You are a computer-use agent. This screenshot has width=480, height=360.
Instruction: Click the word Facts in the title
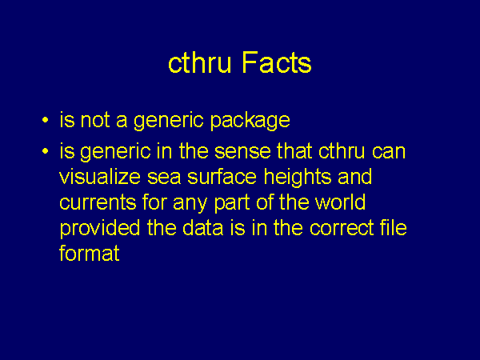point(277,62)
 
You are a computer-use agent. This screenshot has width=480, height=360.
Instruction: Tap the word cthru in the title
point(199,62)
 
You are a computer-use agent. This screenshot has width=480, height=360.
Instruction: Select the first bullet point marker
point(46,120)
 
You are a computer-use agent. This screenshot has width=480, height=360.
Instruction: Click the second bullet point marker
point(46,151)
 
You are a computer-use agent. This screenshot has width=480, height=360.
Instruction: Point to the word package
point(250,121)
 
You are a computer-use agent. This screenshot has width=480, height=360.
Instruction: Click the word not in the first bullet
point(95,120)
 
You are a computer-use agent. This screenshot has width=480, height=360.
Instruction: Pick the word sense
point(242,151)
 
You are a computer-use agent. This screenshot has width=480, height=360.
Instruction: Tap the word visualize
point(100,177)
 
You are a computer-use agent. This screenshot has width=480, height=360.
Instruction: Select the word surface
point(222,177)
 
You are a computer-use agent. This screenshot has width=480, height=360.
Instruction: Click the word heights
point(298,178)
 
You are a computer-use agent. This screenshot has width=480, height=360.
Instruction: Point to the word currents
point(98,202)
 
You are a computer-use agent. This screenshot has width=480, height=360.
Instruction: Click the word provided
point(100,229)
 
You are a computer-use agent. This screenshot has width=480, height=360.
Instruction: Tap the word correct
point(342,228)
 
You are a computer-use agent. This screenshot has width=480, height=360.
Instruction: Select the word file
point(394,228)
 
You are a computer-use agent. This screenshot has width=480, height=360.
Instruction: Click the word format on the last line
point(90,254)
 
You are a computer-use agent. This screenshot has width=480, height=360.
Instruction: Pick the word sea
point(164,178)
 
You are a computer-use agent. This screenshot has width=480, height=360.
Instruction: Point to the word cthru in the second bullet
point(342,150)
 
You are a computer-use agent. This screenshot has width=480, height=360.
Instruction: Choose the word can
point(389,152)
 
